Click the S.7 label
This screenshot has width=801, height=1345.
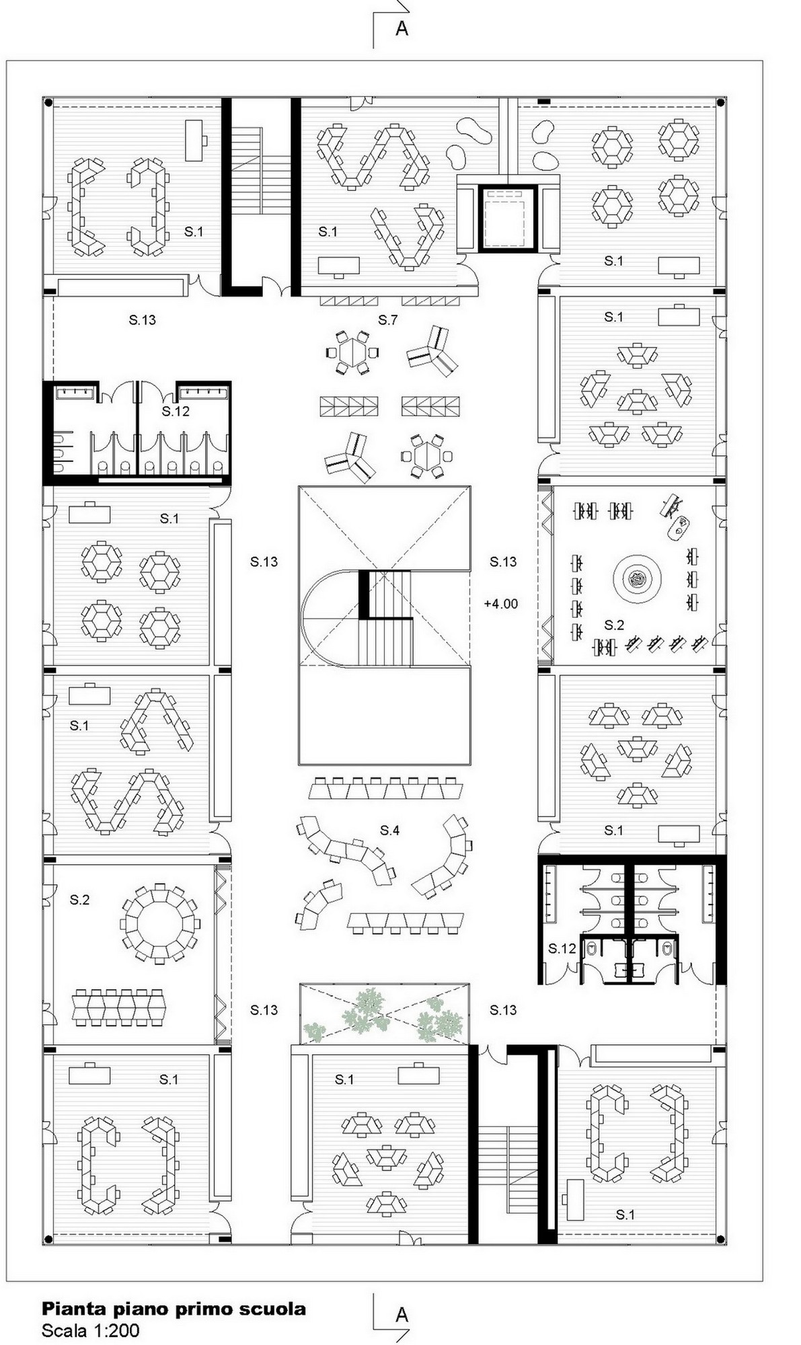(388, 320)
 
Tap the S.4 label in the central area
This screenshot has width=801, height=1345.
(390, 831)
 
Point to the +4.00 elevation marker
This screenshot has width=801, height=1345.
(501, 604)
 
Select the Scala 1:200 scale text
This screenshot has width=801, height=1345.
(91, 1330)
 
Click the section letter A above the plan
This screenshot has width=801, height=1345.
(402, 28)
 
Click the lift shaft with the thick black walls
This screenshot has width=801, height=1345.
(509, 217)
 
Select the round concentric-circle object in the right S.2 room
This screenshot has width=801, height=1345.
(636, 578)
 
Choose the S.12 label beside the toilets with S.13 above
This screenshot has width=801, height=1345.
(176, 411)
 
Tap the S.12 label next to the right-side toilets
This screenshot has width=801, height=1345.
(562, 948)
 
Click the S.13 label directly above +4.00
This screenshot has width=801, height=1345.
(503, 562)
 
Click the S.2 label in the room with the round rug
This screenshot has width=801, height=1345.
(614, 625)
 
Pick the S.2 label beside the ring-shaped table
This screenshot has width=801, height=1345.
(79, 900)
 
